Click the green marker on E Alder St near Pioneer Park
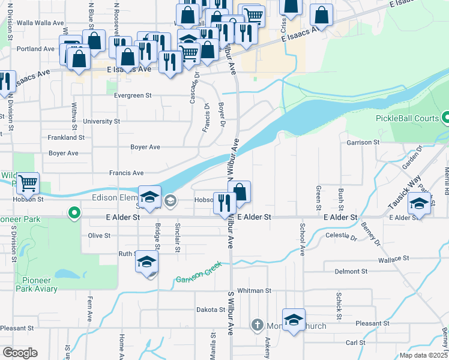tap(74, 212)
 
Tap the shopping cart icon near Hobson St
tap(27, 184)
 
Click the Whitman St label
tap(255, 290)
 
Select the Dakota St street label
tap(210, 310)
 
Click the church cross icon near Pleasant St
tap(257, 326)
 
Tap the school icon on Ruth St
tap(146, 262)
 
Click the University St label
tap(101, 121)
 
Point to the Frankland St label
tap(66, 137)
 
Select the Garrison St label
tap(363, 142)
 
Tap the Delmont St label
tap(347, 272)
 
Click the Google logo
tap(20, 353)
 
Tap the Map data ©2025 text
tap(423, 355)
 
